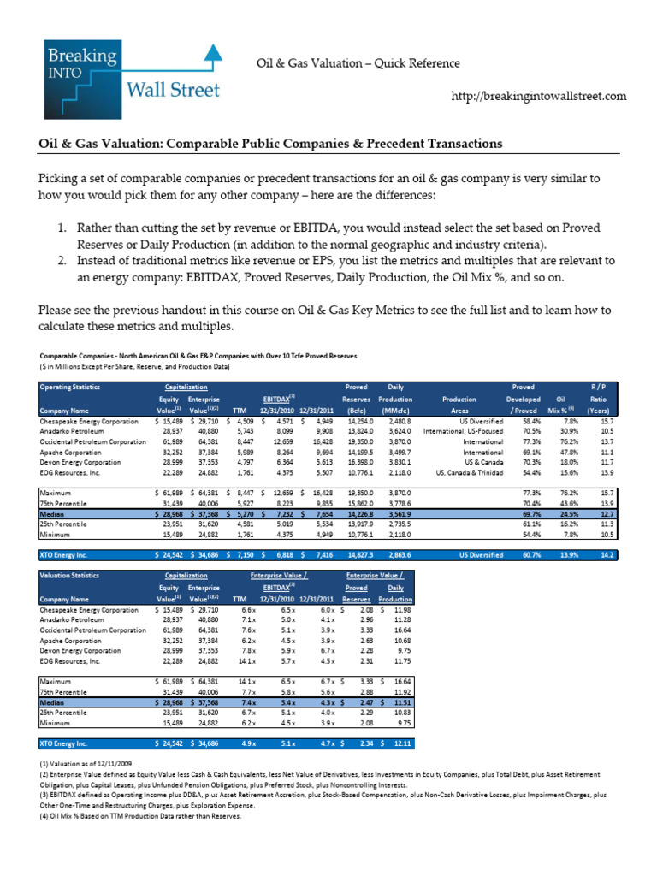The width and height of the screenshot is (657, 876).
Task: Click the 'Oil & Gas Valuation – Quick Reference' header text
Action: pos(358,63)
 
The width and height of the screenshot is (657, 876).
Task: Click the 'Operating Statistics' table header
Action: pos(69,388)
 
